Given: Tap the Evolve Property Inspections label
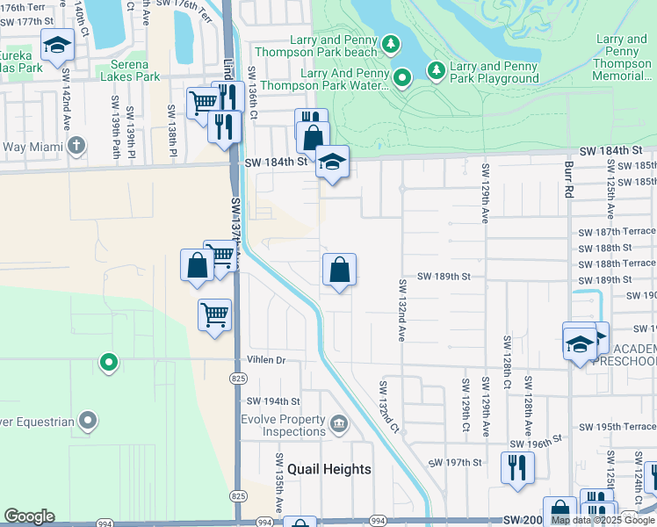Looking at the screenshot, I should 283,425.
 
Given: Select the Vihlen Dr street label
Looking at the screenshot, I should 268,360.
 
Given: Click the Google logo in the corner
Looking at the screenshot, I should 29,516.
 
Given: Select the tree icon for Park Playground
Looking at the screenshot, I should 435,69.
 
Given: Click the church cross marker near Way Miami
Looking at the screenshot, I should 76,144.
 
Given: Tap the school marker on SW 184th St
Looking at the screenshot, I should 332,162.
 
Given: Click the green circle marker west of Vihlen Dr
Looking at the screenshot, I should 109,360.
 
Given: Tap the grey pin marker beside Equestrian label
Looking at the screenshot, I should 88,422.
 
